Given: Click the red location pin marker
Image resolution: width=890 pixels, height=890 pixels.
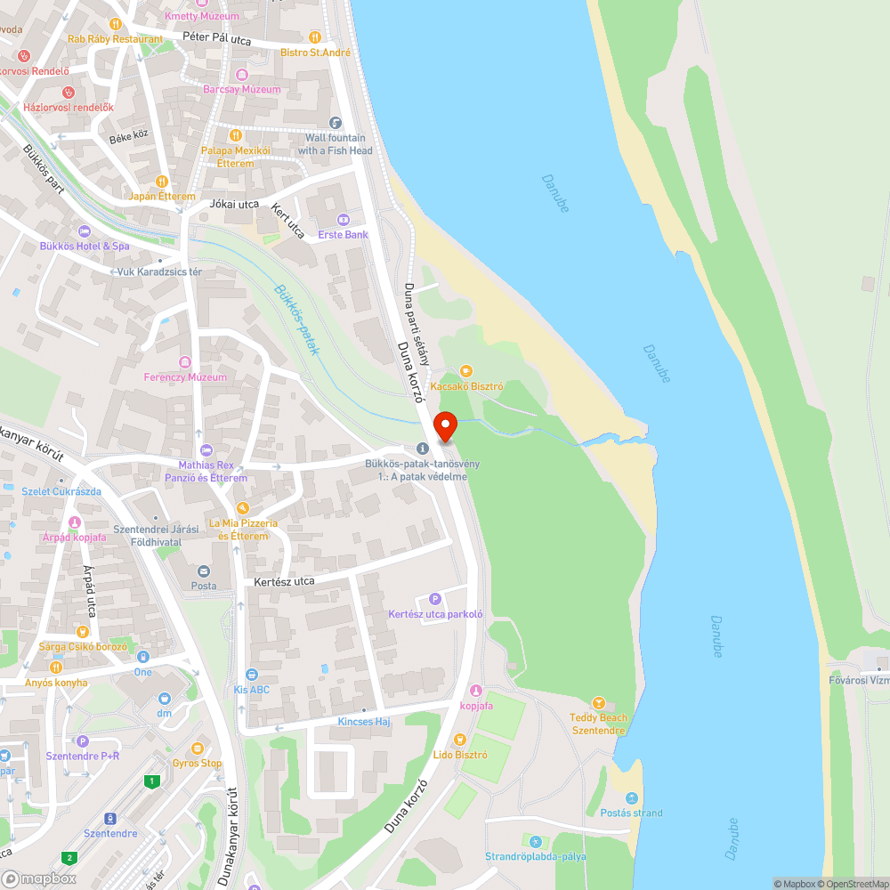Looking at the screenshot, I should pyautogui.click(x=444, y=427).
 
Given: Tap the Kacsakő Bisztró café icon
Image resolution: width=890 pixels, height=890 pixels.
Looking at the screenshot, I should pyautogui.click(x=465, y=371).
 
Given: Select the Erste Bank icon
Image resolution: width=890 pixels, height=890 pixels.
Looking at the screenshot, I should pyautogui.click(x=343, y=220).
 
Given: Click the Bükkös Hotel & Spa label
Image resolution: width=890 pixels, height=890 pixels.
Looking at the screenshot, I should pyautogui.click(x=85, y=246).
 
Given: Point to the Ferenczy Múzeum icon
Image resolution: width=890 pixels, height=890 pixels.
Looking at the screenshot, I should pyautogui.click(x=185, y=362).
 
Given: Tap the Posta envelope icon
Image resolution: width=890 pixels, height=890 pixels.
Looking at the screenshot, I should pyautogui.click(x=204, y=571).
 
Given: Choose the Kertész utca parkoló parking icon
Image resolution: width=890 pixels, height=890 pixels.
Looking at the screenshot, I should pyautogui.click(x=435, y=599).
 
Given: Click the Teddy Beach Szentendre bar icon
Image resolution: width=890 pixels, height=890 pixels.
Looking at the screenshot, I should pyautogui.click(x=598, y=703).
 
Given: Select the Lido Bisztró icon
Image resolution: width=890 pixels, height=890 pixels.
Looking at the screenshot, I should pyautogui.click(x=459, y=739).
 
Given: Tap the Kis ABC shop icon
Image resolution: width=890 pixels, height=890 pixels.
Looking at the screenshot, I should pyautogui.click(x=252, y=675).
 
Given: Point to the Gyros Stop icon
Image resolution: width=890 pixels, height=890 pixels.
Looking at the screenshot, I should pyautogui.click(x=197, y=748).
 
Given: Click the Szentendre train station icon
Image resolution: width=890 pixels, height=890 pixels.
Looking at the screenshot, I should pyautogui.click(x=110, y=818).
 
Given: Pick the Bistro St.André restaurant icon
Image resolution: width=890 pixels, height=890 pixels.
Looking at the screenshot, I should pyautogui.click(x=315, y=37).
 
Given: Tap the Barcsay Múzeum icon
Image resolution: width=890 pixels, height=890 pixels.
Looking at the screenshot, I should pyautogui.click(x=241, y=75).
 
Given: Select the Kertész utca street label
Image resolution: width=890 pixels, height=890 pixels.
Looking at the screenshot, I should pyautogui.click(x=284, y=581).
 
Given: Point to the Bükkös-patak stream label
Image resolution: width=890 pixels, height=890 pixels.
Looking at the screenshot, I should pyautogui.click(x=297, y=320).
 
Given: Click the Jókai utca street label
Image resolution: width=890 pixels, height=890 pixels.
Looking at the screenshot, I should pyautogui.click(x=234, y=204).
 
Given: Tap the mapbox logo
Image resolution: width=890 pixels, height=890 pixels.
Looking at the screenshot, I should pyautogui.click(x=39, y=878).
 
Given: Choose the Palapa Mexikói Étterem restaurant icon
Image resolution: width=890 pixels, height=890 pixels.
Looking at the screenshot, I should pyautogui.click(x=235, y=135).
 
